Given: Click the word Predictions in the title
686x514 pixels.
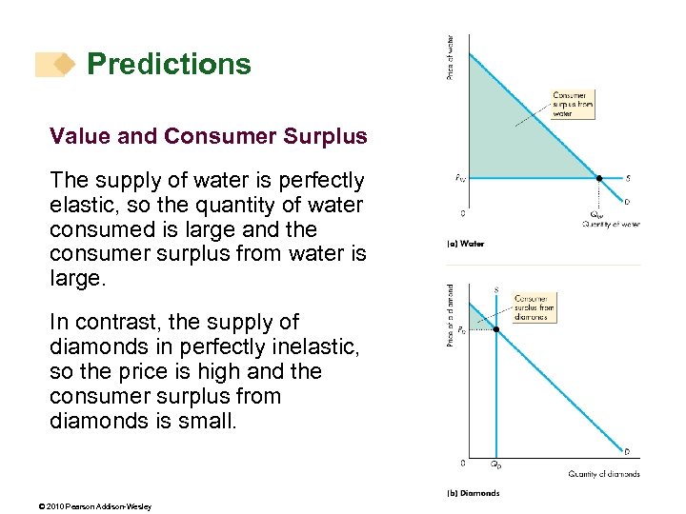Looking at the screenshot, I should tap(169, 64).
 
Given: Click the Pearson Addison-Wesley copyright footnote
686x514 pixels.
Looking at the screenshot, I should tap(100, 506).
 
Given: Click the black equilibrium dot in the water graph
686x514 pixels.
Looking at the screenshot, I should tap(599, 177).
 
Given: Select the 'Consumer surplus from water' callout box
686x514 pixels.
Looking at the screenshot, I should tap(573, 104).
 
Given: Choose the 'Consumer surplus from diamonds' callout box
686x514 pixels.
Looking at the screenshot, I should tap(533, 307).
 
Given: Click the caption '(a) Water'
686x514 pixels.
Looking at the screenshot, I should tap(466, 244).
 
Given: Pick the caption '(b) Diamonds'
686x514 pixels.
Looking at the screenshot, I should tap(474, 493).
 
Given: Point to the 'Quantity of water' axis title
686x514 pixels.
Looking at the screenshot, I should tap(611, 225).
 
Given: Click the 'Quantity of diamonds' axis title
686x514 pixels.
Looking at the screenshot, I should tap(604, 473).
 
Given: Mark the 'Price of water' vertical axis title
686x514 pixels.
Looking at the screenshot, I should tap(452, 57).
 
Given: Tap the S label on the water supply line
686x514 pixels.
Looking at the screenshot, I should tap(626, 178).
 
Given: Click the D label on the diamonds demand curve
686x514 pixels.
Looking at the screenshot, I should tap(626, 450).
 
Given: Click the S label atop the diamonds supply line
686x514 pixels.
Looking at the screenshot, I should tap(496, 289).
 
